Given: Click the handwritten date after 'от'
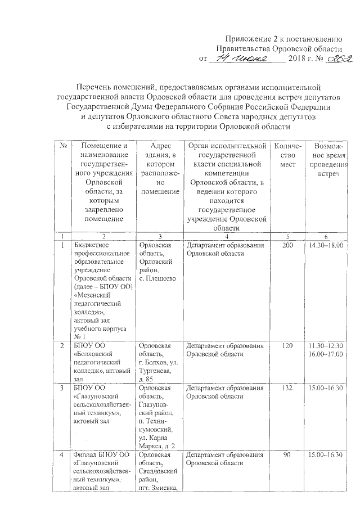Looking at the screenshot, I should tap(246, 58).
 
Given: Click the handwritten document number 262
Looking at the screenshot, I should tap(328, 58).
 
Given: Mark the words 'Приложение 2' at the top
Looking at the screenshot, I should tap(249, 39).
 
